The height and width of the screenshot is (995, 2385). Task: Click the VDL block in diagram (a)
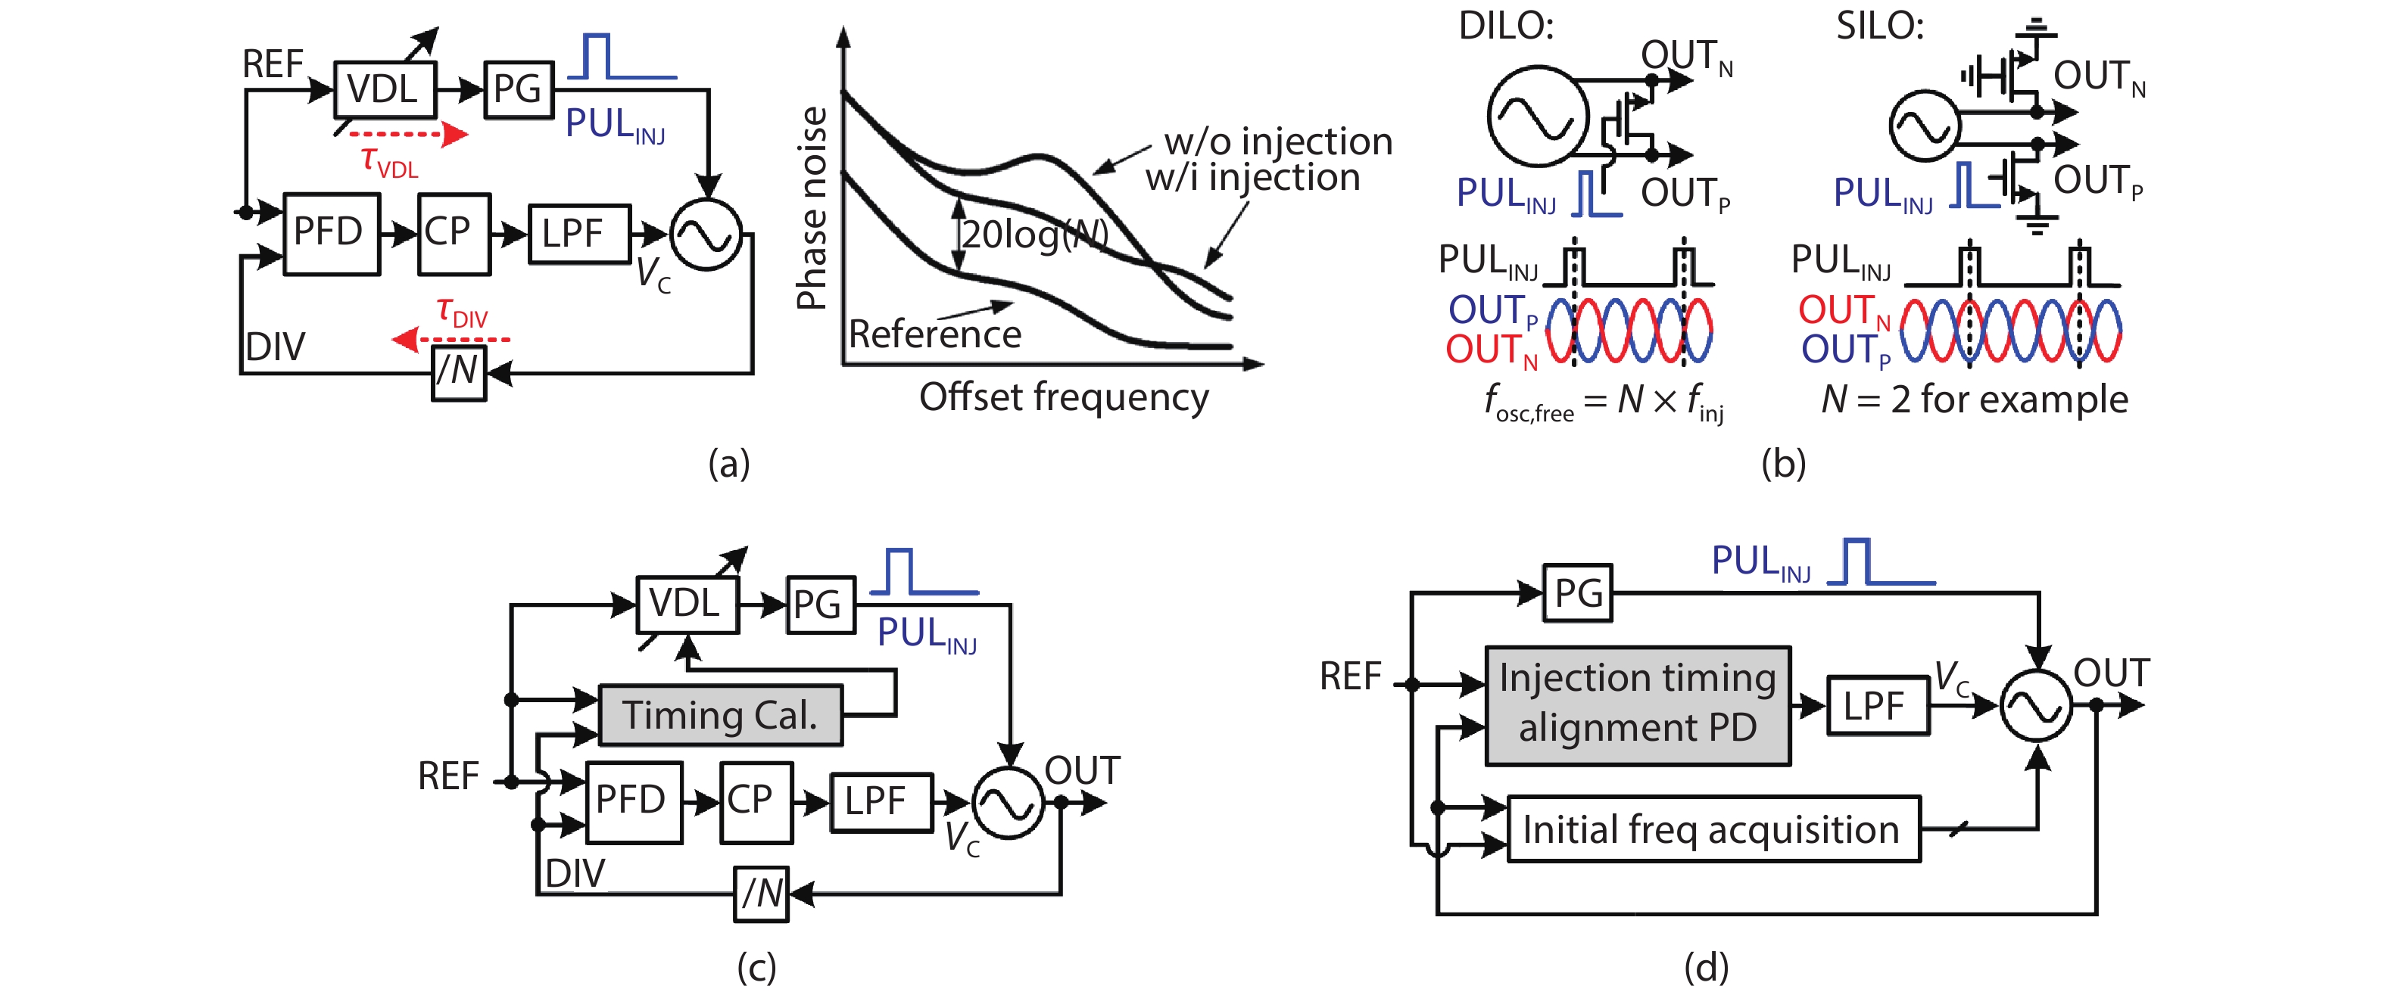coord(384,90)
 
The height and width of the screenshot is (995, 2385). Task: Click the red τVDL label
coord(389,162)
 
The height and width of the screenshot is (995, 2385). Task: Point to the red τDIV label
coord(461,312)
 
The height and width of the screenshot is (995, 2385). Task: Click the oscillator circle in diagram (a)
coord(706,235)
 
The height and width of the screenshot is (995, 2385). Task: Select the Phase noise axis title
coord(812,207)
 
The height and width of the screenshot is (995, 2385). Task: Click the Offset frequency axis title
coord(1063,398)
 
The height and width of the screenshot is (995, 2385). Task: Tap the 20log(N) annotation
coord(1034,234)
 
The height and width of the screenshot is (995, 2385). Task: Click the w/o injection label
coord(1278,141)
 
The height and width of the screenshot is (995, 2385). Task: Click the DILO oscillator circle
coord(1537,116)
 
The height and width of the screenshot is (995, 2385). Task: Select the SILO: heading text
coord(1879,26)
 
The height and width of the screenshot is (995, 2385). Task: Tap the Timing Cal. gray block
coord(720,714)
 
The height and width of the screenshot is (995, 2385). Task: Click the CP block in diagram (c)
coord(755,801)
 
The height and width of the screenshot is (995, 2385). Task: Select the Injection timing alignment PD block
coord(1637,704)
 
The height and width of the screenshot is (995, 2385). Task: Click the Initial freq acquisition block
coord(1713,829)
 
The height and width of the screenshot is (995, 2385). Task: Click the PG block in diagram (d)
coord(1578,592)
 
